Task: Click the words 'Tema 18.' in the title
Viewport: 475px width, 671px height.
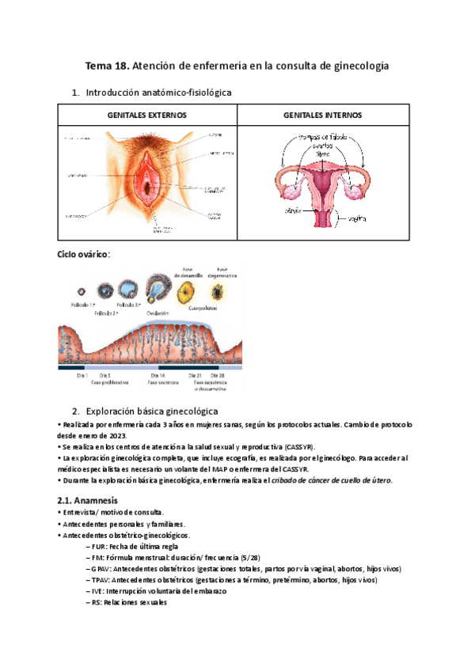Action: click(x=108, y=66)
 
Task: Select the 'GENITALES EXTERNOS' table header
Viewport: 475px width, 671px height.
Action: click(x=146, y=115)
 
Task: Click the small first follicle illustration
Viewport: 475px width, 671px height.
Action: click(x=81, y=291)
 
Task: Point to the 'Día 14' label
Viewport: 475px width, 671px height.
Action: click(x=156, y=375)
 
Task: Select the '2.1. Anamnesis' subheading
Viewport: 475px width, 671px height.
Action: click(x=88, y=500)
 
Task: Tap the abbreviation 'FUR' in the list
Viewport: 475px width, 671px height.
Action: click(x=100, y=546)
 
